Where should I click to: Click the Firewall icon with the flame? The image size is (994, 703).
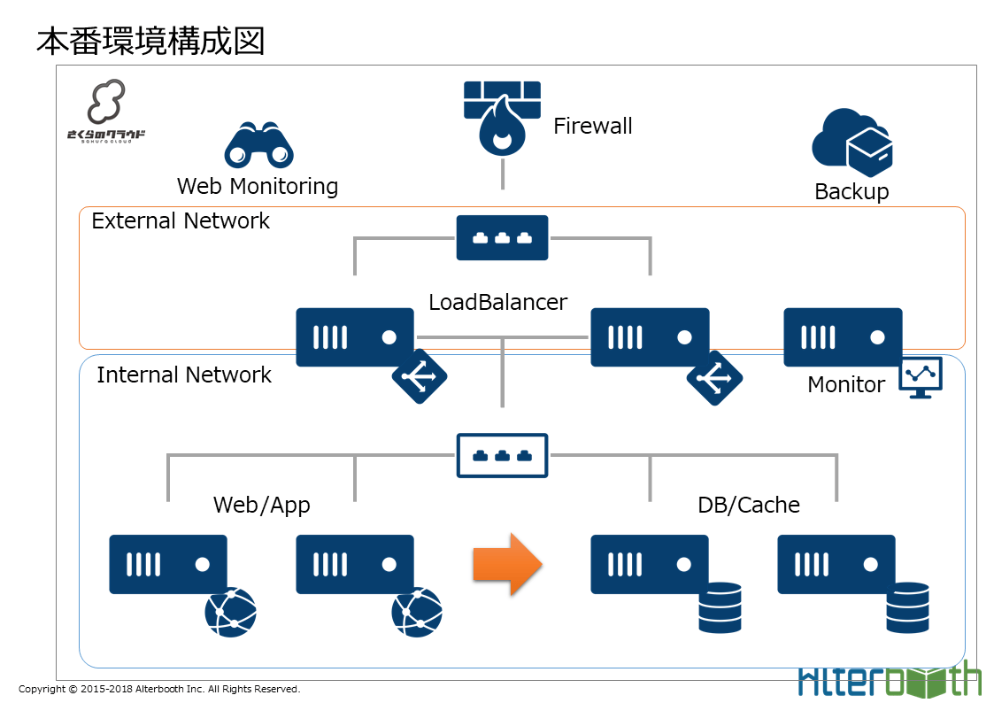(x=502, y=118)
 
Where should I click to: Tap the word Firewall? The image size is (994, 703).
(x=593, y=126)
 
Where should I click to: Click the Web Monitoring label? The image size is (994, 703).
(x=258, y=186)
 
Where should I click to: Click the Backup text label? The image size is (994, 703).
(x=851, y=191)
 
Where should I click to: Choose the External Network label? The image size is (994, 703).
(x=181, y=220)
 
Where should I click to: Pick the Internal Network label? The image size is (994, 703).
(x=184, y=375)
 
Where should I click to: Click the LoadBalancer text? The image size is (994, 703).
(x=497, y=302)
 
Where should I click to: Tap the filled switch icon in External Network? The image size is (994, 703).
(x=502, y=238)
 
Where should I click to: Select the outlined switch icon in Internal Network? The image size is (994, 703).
(x=502, y=455)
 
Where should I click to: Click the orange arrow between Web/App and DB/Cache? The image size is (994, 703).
(x=507, y=564)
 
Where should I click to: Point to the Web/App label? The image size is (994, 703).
(x=262, y=505)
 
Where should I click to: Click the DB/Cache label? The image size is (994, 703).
(x=749, y=505)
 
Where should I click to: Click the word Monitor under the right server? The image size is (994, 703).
(x=846, y=384)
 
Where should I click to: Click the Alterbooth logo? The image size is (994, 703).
(x=890, y=680)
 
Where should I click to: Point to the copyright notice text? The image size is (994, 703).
(x=159, y=689)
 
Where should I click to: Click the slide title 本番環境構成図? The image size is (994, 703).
(x=150, y=41)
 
